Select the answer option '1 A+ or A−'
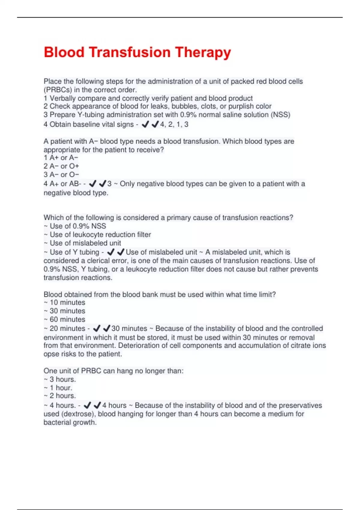tap(61, 158)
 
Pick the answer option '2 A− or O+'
tap(61, 166)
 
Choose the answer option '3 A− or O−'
tap(61, 175)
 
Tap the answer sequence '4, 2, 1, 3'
tap(174, 124)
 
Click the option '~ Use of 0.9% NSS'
tap(75, 226)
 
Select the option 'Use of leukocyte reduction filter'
tap(100, 235)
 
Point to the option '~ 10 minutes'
tap(64, 302)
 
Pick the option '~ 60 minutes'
tap(64, 319)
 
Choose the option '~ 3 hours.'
tap(60, 379)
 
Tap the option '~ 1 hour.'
tap(58, 388)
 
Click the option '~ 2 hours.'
tap(60, 396)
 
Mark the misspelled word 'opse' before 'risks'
tap(51, 354)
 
